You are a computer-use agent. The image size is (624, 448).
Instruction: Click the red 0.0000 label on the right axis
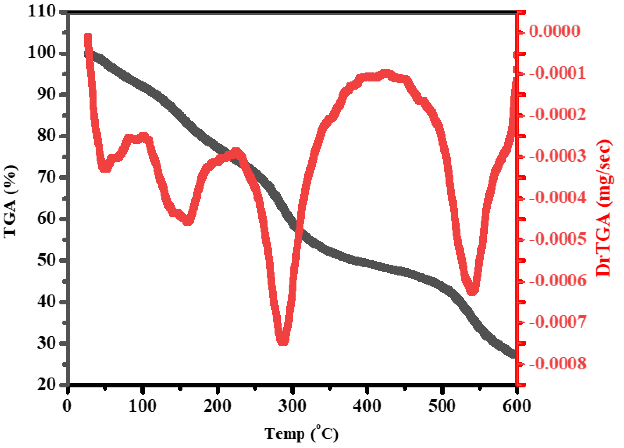pyautogui.click(x=555, y=31)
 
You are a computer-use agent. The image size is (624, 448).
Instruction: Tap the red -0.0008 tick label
pyautogui.click(x=557, y=363)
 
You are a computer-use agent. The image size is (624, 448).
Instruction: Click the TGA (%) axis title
pyautogui.click(x=11, y=201)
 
